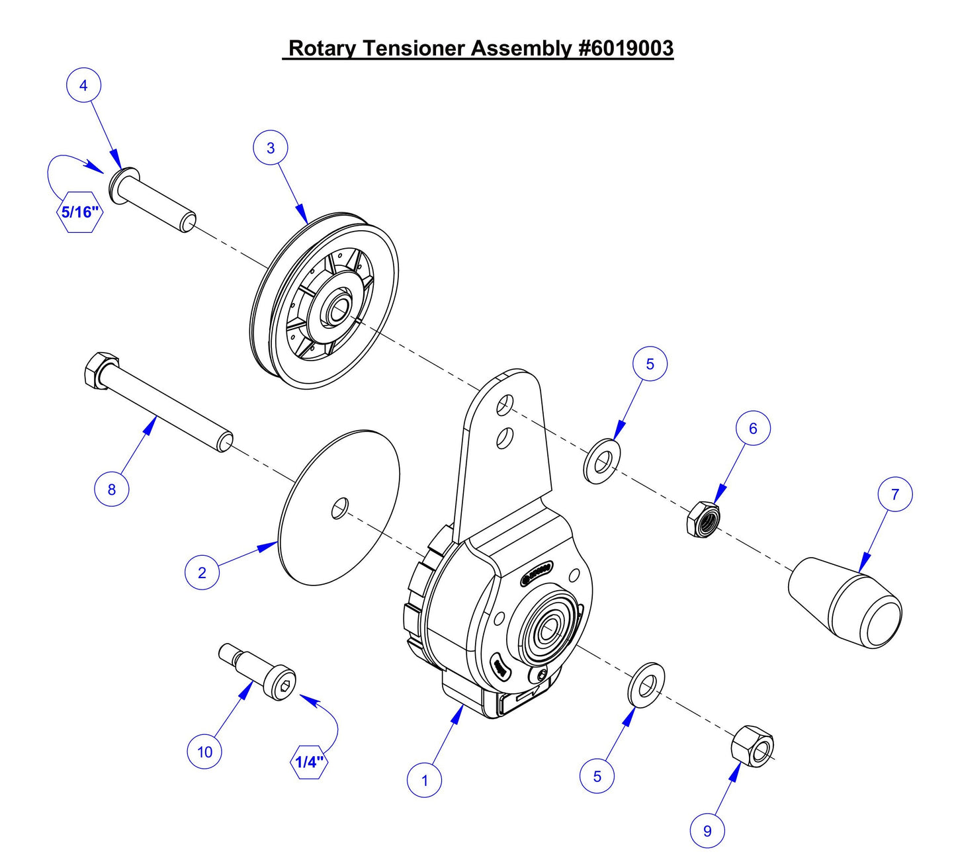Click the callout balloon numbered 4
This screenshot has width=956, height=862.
[x=83, y=85]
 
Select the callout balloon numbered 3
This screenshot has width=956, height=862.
[x=270, y=148]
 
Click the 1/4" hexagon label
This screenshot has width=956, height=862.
[x=309, y=761]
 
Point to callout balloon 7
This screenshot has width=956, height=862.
[x=894, y=494]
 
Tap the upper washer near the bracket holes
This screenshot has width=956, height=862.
[x=601, y=460]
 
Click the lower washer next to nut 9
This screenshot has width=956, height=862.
[x=646, y=683]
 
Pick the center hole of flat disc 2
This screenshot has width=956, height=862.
[x=339, y=508]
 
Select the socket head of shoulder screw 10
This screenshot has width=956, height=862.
[x=281, y=685]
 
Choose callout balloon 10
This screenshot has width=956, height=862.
[x=204, y=752]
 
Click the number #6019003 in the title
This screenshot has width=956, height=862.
[x=625, y=48]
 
